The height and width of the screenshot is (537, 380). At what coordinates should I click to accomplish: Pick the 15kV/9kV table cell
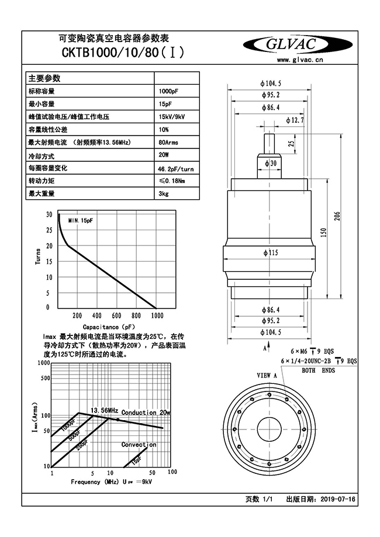172,117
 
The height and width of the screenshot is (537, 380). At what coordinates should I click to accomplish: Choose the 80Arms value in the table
168,142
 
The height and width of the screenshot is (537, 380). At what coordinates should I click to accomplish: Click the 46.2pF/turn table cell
176,168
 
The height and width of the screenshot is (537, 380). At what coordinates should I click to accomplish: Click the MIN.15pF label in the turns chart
80,220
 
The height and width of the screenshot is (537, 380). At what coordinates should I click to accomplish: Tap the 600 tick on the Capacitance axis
116,316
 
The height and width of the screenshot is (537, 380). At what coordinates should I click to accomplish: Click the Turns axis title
38,258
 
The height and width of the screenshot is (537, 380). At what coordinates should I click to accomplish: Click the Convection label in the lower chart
139,445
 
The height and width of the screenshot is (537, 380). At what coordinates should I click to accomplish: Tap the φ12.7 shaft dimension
295,120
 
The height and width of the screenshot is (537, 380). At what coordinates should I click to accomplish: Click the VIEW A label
267,375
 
